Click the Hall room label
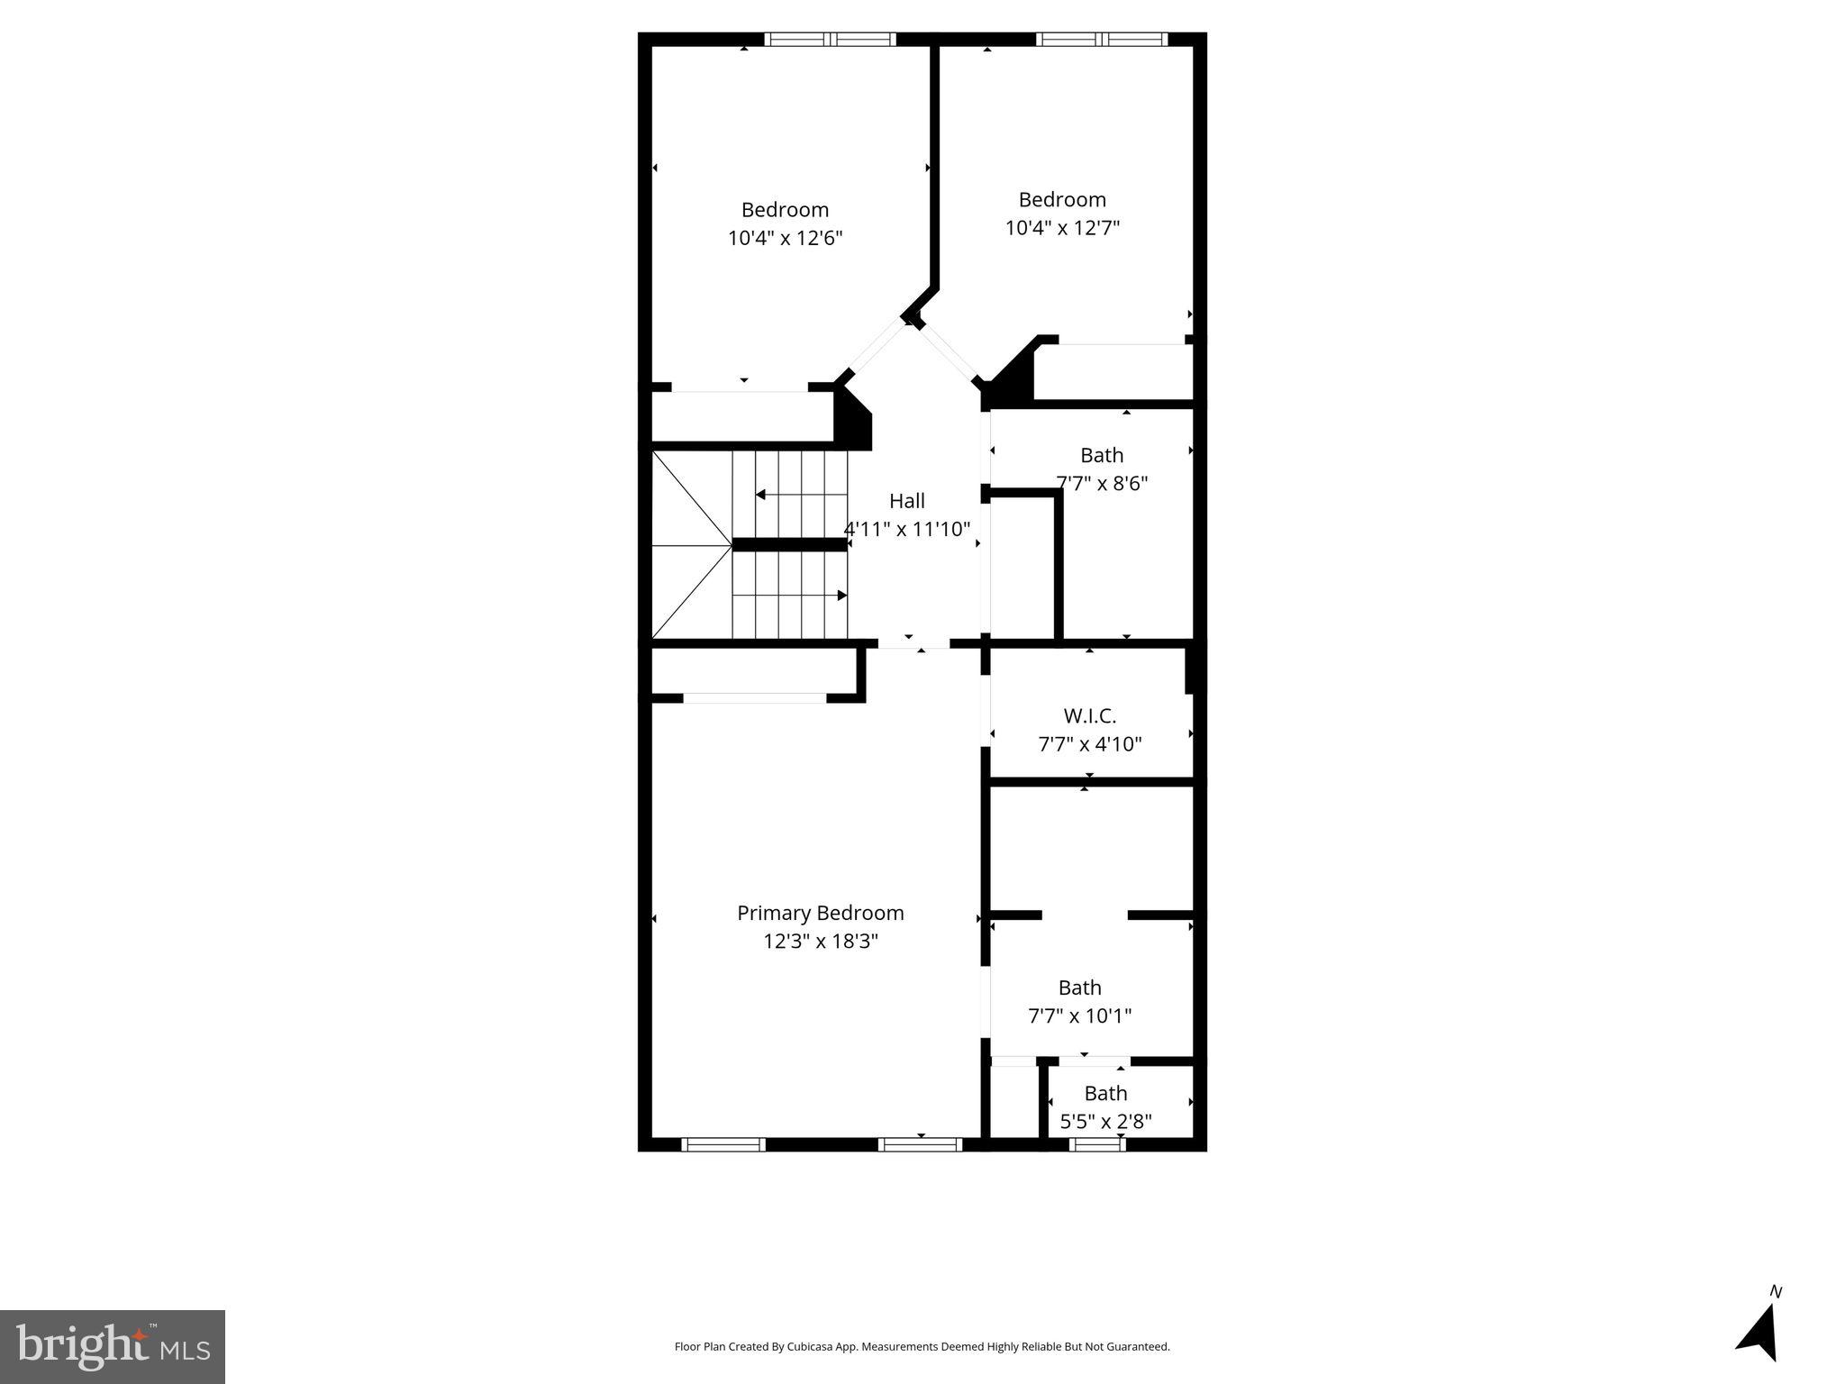[x=906, y=501]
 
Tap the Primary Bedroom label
[x=820, y=913]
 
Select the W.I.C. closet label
[x=1089, y=716]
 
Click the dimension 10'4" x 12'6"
[x=785, y=239]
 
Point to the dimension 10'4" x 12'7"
[x=1062, y=228]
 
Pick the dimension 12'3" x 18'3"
[x=820, y=942]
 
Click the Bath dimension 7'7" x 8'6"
[x=1102, y=484]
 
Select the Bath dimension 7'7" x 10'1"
[x=1079, y=1016]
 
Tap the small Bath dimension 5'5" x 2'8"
[x=1105, y=1122]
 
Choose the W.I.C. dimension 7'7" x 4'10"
[x=1089, y=744]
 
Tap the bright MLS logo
[x=113, y=1346]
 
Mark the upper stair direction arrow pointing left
[x=761, y=495]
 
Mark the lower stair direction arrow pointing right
[x=841, y=596]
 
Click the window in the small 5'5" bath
[x=1097, y=1144]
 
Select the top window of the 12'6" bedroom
[x=830, y=40]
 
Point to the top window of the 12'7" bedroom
[x=1101, y=40]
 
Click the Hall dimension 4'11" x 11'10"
[x=906, y=530]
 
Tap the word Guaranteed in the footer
[x=1139, y=1347]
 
